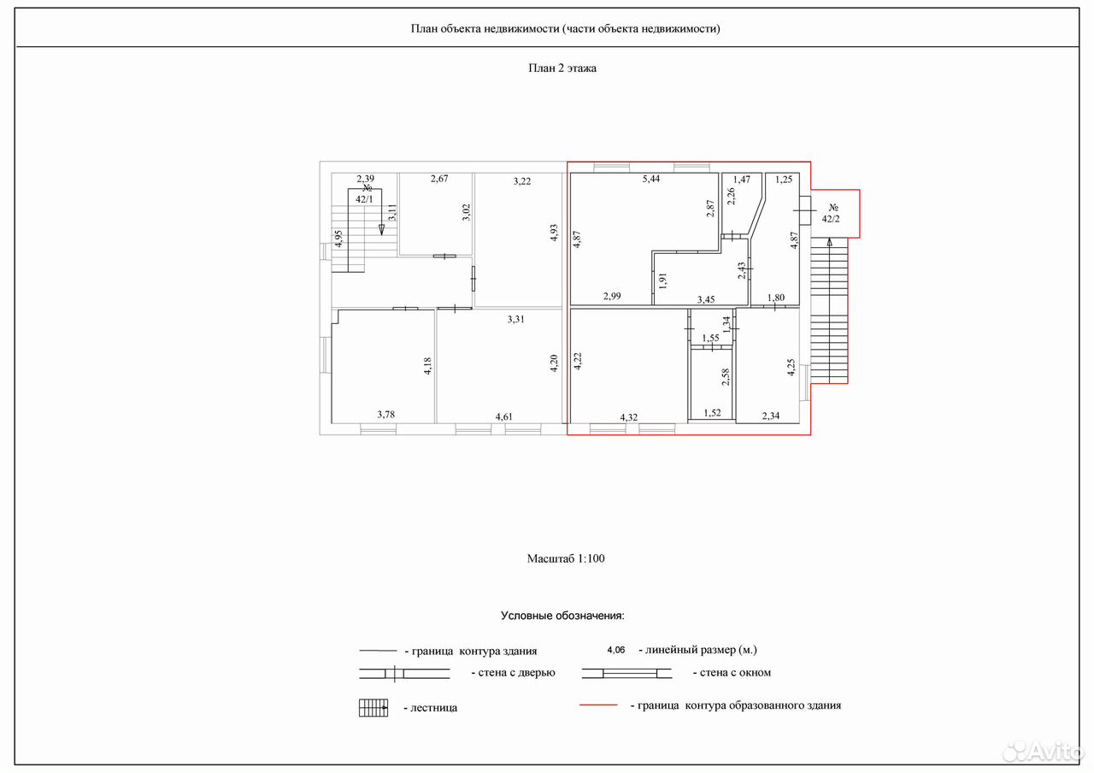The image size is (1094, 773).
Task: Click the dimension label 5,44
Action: pyautogui.click(x=651, y=179)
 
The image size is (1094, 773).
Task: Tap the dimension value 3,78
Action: pyautogui.click(x=385, y=415)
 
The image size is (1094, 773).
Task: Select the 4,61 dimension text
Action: pyautogui.click(x=504, y=416)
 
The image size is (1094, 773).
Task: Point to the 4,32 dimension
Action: pyautogui.click(x=628, y=417)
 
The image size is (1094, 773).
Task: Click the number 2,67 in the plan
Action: pyautogui.click(x=439, y=179)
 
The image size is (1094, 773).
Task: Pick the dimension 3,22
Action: pyautogui.click(x=521, y=181)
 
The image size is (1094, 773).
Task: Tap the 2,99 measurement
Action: pyautogui.click(x=612, y=296)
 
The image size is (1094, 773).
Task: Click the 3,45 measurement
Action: pyautogui.click(x=706, y=300)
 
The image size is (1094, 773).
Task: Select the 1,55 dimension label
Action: pyautogui.click(x=710, y=338)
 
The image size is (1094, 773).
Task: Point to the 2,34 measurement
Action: pyautogui.click(x=771, y=416)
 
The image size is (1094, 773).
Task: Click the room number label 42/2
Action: pyautogui.click(x=830, y=220)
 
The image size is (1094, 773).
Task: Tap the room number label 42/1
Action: pyautogui.click(x=364, y=199)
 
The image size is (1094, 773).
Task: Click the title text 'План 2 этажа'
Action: pyautogui.click(x=562, y=68)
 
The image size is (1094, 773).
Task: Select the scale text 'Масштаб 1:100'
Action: pyautogui.click(x=566, y=558)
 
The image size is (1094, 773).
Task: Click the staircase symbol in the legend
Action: pyautogui.click(x=373, y=707)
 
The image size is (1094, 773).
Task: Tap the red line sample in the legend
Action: pyautogui.click(x=598, y=705)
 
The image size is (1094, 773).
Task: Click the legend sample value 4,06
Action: pyautogui.click(x=616, y=650)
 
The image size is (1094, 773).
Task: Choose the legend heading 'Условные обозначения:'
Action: pyautogui.click(x=562, y=616)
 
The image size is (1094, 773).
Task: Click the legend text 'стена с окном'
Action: pyautogui.click(x=735, y=673)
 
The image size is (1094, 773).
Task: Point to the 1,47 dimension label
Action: pyautogui.click(x=741, y=180)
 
